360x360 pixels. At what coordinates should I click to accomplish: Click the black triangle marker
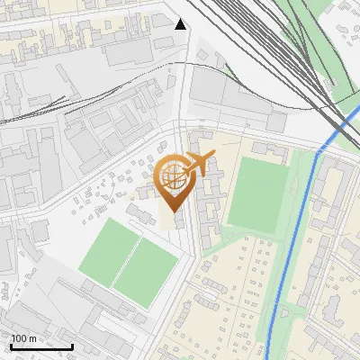click(x=181, y=24)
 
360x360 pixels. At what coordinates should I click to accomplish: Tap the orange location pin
click(x=175, y=179)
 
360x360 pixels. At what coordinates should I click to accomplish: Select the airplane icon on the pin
click(x=199, y=164)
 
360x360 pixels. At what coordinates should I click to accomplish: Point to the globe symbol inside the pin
click(x=172, y=173)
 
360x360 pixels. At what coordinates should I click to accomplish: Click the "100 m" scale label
click(x=23, y=338)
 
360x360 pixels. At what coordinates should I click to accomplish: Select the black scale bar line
click(x=41, y=346)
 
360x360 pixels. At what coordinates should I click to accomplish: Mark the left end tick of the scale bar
click(x=11, y=345)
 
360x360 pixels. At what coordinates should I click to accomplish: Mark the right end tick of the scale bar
click(x=72, y=345)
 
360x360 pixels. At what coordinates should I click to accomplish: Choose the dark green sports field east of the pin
click(x=258, y=193)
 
